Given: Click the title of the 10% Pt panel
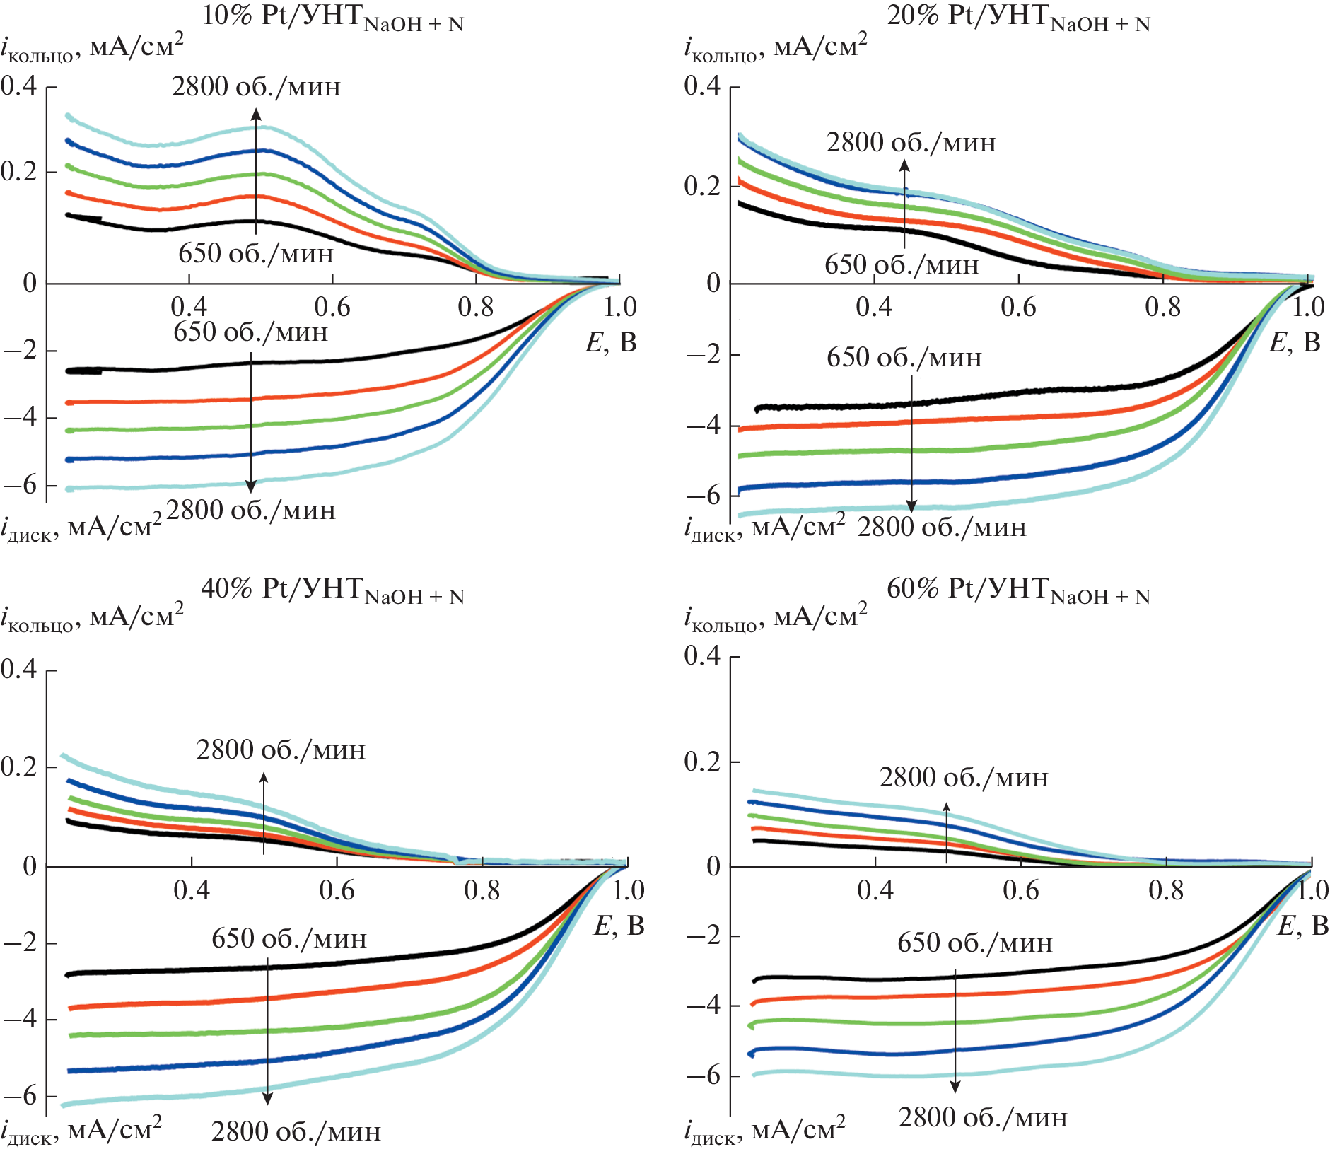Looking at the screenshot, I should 332,17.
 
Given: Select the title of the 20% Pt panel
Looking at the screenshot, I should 1018,17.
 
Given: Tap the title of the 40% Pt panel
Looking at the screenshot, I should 332,590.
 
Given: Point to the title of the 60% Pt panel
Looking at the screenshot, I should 1018,590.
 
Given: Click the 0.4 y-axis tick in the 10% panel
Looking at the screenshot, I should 19,86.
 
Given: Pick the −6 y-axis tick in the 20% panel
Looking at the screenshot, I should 704,496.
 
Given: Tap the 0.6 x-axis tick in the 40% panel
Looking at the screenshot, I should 337,890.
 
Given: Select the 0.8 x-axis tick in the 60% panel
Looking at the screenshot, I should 1166,890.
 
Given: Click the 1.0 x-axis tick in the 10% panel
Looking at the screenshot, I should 620,308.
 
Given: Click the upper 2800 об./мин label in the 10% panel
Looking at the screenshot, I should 256,87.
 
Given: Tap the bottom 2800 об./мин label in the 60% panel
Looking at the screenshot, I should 983,1118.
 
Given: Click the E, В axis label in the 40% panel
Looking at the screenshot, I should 619,926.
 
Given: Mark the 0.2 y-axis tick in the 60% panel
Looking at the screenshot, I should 703,762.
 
